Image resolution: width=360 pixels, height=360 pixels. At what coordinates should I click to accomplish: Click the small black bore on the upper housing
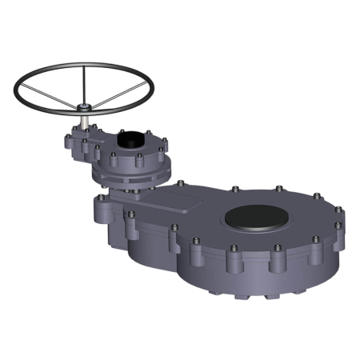(128, 138)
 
